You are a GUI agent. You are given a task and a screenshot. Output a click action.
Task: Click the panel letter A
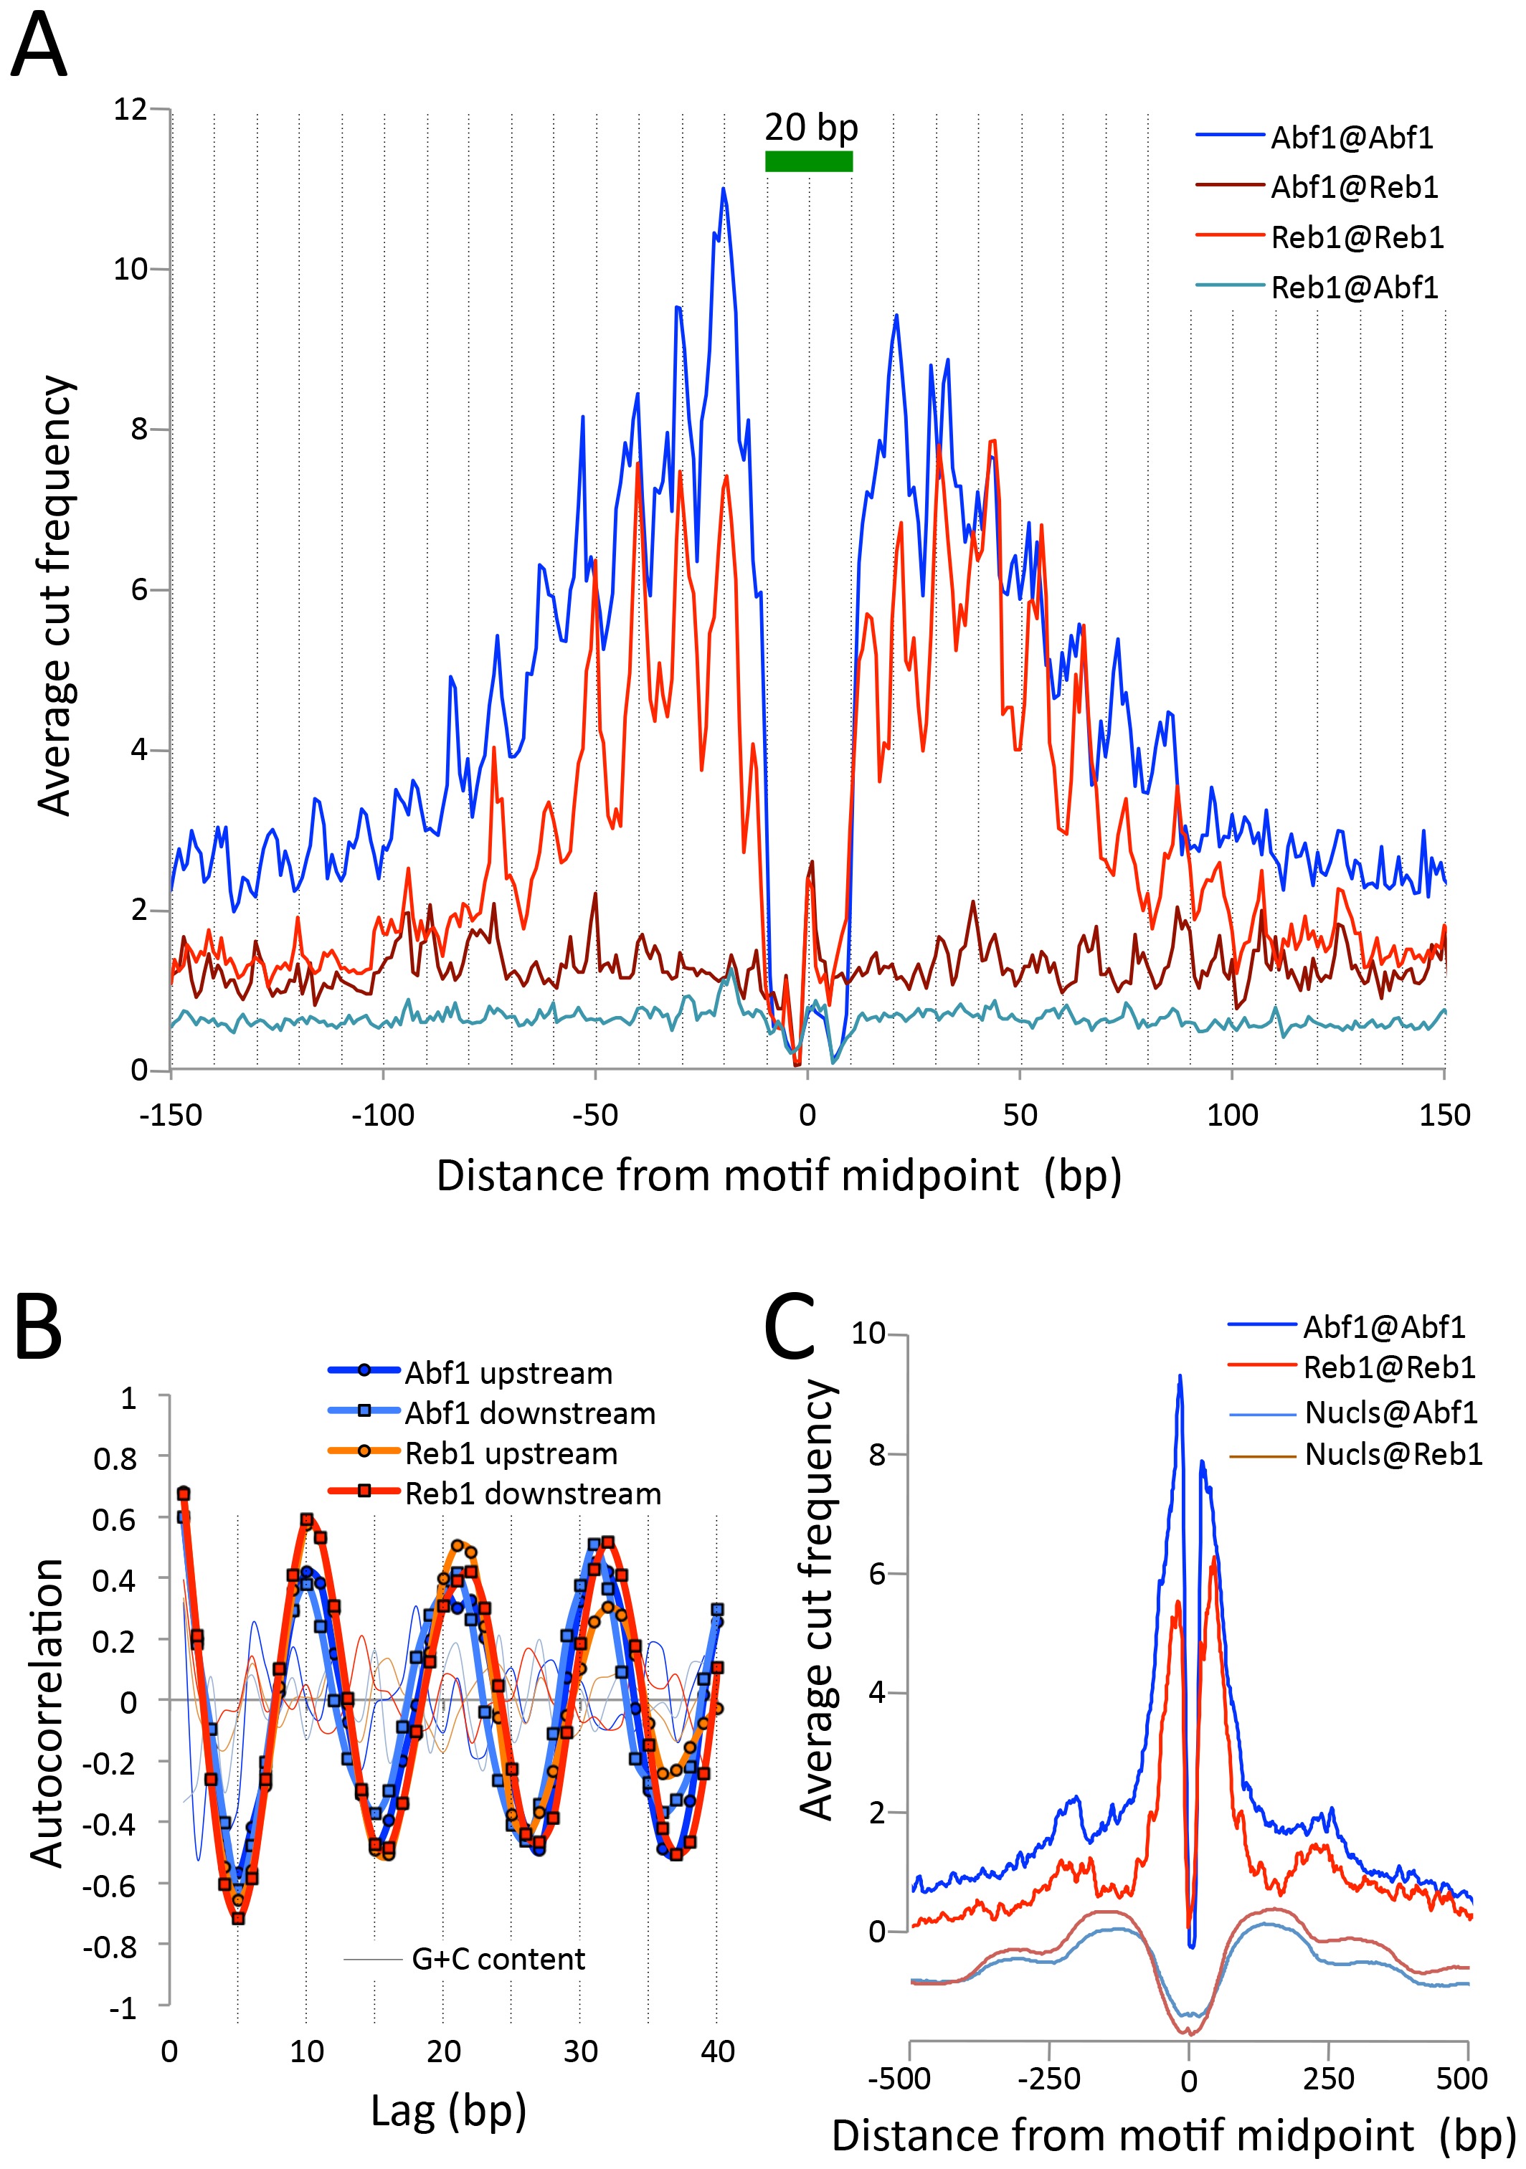click(39, 47)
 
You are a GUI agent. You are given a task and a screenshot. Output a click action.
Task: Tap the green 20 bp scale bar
click(808, 161)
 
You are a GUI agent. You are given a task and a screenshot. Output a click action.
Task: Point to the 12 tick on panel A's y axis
click(131, 110)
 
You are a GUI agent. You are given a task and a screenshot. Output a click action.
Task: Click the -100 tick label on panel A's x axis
click(383, 1116)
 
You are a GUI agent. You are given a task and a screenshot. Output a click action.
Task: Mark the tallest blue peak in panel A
click(724, 190)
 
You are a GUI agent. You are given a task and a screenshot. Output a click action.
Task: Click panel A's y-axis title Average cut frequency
click(54, 595)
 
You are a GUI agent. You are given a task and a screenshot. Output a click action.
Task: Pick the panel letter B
click(38, 1326)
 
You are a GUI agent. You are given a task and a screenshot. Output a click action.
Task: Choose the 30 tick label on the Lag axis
click(580, 2051)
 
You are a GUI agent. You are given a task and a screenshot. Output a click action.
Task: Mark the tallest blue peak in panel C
click(1179, 1377)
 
